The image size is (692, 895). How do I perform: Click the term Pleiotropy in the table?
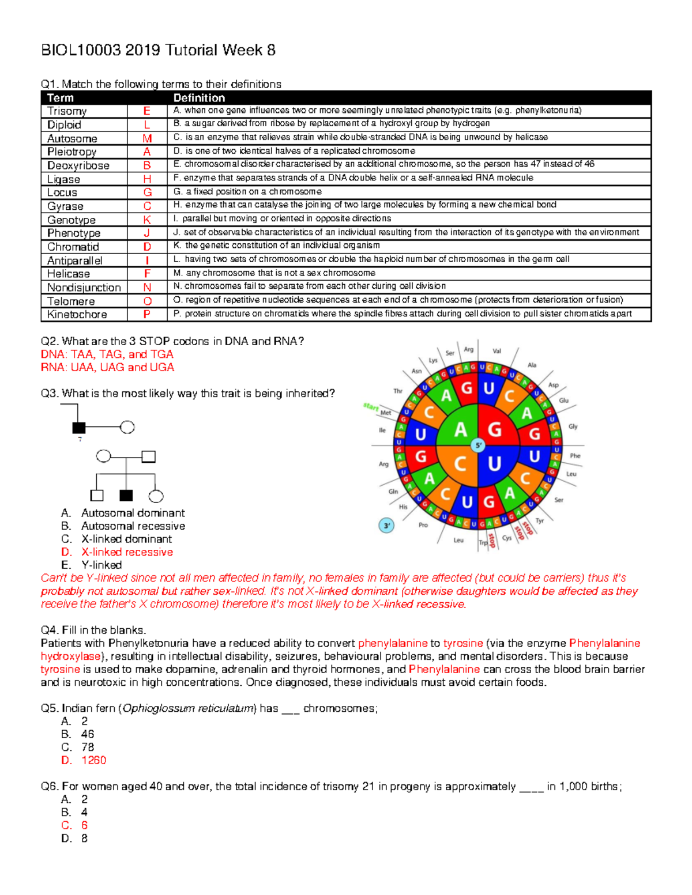click(x=72, y=152)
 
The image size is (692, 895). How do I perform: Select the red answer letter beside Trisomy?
click(x=147, y=111)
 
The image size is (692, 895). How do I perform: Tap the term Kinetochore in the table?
click(x=77, y=315)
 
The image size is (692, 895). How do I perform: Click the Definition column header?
click(x=199, y=98)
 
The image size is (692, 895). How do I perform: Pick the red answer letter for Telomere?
click(x=147, y=301)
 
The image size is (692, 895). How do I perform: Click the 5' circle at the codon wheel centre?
click(x=478, y=445)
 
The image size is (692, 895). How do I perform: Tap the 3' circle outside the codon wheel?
click(x=386, y=526)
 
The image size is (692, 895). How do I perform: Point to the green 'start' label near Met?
click(x=370, y=407)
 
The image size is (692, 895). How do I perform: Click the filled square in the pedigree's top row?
click(x=79, y=428)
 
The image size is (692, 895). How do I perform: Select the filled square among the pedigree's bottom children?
click(x=126, y=496)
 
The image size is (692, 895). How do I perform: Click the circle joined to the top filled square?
click(x=127, y=427)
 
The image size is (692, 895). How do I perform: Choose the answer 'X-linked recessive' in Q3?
click(x=127, y=552)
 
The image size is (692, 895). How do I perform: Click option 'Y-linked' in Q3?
click(x=101, y=565)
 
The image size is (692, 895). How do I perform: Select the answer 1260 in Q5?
click(x=94, y=760)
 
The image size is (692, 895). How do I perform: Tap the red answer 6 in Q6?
click(x=84, y=825)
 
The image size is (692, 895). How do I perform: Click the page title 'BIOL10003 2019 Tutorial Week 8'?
click(x=158, y=51)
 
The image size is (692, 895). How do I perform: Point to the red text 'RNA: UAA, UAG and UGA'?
click(x=107, y=368)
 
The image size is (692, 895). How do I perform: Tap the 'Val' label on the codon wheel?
click(x=497, y=351)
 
